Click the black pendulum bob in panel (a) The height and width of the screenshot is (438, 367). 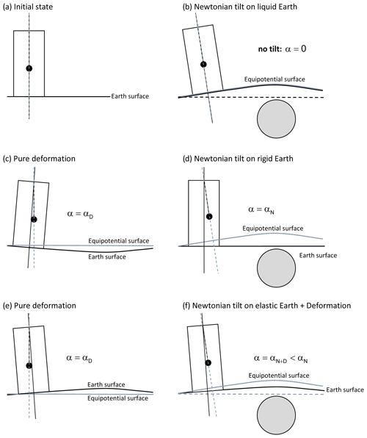(x=29, y=68)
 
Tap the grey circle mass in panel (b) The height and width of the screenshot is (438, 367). (x=276, y=119)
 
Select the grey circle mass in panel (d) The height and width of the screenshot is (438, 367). (x=276, y=268)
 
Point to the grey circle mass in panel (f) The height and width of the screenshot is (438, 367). (x=276, y=414)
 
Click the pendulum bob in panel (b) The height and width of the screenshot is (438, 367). (x=203, y=64)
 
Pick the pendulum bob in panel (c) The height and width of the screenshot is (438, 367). (x=34, y=220)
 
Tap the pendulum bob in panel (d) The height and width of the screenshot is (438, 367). (x=209, y=217)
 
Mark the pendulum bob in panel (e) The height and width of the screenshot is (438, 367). (x=29, y=366)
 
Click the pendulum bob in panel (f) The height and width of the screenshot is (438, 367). (x=208, y=362)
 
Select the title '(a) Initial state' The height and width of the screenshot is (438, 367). (x=28, y=7)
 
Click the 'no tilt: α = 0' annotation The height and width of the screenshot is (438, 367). (x=282, y=49)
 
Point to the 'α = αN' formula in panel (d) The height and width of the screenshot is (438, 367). (x=261, y=209)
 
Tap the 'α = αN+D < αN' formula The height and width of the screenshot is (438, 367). (x=281, y=359)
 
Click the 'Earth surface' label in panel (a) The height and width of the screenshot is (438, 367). (x=130, y=96)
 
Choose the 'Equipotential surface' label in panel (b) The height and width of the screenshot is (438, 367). (x=275, y=79)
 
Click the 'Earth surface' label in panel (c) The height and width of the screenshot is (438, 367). (x=107, y=256)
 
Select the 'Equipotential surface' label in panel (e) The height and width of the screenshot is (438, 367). (x=117, y=398)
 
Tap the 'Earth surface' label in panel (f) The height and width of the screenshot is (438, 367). (x=345, y=389)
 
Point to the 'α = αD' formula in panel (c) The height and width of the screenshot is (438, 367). (x=80, y=215)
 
